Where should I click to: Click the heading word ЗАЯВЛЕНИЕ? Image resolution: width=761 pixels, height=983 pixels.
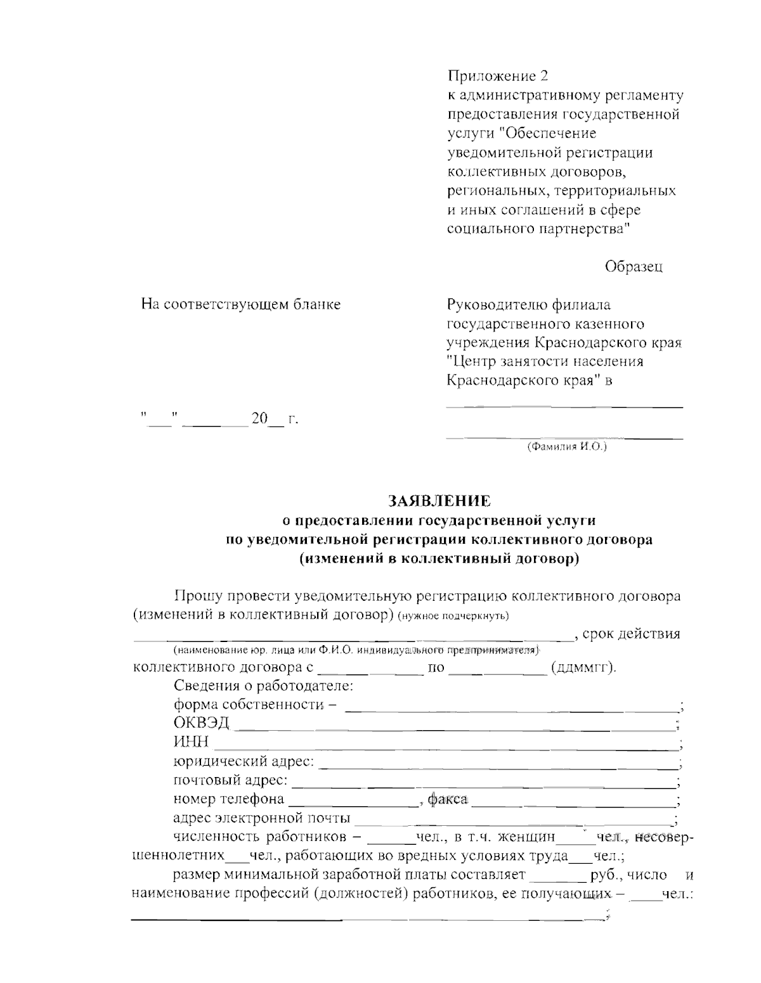[439, 501]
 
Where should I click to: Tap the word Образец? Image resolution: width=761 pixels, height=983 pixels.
[634, 267]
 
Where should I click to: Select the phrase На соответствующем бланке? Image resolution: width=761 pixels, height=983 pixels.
[241, 305]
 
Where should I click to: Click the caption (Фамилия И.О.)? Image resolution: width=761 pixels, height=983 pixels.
[566, 447]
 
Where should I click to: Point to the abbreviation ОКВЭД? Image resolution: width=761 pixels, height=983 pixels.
[201, 724]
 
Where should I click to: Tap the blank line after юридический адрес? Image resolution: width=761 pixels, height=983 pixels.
[497, 766]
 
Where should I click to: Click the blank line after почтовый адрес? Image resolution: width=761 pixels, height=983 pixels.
[485, 785]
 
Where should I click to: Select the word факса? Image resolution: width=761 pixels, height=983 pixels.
[447, 800]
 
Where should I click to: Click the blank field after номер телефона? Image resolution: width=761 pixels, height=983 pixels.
[353, 804]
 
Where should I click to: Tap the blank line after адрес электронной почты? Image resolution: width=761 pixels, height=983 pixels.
[514, 823]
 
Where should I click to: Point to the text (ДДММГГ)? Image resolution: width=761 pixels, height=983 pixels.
[583, 668]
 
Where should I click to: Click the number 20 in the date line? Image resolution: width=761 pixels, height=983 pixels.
[259, 419]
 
